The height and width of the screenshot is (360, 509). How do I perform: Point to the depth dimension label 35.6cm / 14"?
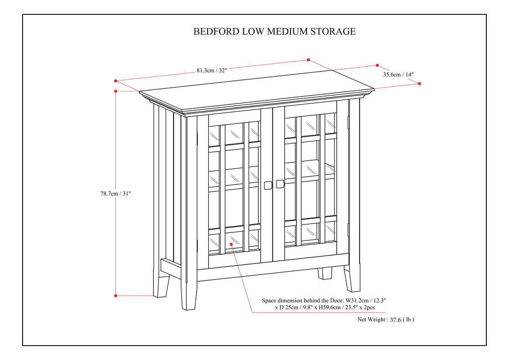[x=398, y=75]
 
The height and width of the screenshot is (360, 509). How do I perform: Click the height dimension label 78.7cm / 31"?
[x=116, y=193]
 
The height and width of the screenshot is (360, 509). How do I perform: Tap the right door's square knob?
[x=280, y=184]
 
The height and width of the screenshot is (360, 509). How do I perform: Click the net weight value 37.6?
[x=396, y=319]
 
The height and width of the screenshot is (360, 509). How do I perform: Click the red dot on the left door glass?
[x=231, y=244]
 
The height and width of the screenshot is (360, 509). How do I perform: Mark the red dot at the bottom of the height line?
[x=116, y=296]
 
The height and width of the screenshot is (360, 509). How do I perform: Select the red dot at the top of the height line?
[x=116, y=91]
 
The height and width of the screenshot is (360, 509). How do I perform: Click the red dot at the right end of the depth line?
[x=419, y=83]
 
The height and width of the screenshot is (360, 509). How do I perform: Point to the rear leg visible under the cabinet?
[x=325, y=273]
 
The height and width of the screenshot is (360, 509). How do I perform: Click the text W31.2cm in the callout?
[x=359, y=301]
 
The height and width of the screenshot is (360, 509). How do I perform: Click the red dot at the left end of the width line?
[x=116, y=81]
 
